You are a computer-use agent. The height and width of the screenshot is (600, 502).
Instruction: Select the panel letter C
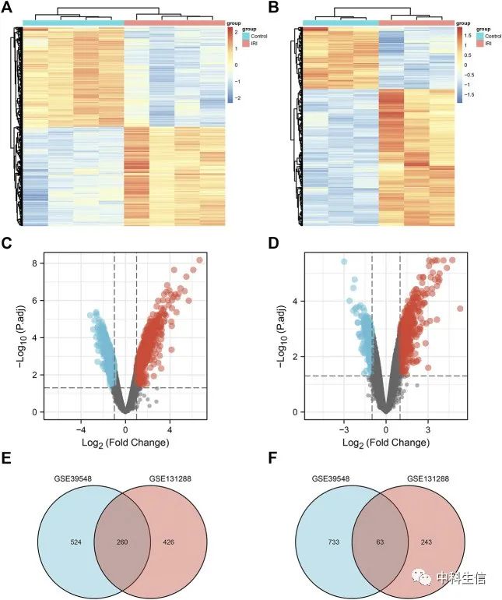click(x=10, y=245)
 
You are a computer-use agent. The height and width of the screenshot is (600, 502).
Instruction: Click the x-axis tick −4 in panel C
click(x=79, y=429)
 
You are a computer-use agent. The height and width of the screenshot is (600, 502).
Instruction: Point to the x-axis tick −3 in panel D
click(x=343, y=429)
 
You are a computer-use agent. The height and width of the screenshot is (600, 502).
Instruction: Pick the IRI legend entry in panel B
click(x=490, y=44)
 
